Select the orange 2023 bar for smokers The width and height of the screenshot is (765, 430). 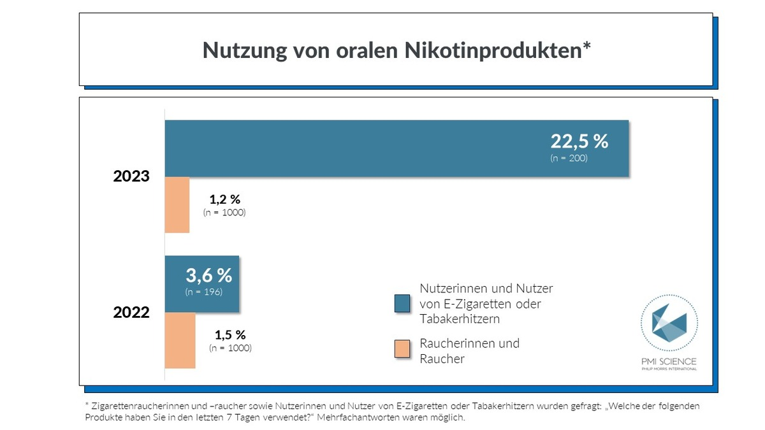177,204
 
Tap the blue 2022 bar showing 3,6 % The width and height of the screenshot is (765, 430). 202,284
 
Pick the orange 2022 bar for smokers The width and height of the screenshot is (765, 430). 180,340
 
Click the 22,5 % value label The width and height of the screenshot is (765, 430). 579,141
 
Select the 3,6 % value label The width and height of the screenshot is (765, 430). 208,276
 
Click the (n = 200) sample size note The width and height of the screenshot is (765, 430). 569,158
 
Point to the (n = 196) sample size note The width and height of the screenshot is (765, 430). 203,292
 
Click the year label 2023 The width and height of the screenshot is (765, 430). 131,176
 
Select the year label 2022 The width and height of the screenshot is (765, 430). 131,312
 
